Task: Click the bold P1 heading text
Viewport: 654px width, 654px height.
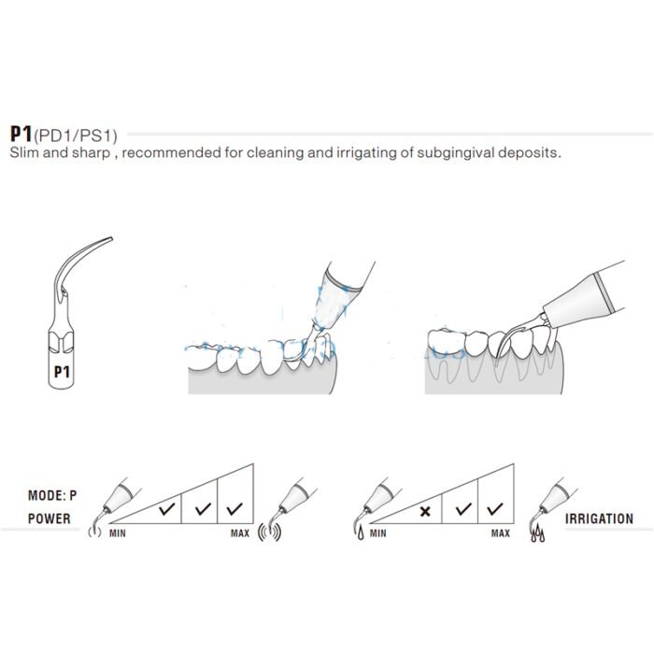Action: (x=21, y=134)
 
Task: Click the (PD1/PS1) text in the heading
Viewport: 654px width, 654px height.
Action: (x=76, y=136)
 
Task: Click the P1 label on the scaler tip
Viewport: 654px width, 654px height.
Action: (x=62, y=372)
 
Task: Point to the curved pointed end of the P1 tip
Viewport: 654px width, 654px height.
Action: (x=111, y=238)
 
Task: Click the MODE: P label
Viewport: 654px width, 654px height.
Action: (x=52, y=495)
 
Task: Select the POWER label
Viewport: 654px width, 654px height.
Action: (x=50, y=519)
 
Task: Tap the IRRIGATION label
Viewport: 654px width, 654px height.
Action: (x=599, y=519)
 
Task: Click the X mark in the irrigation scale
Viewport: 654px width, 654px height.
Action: (x=425, y=511)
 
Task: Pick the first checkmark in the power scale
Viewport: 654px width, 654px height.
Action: (x=167, y=508)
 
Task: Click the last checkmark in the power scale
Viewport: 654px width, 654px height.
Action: (x=235, y=508)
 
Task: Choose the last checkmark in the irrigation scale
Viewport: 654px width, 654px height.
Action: (x=494, y=508)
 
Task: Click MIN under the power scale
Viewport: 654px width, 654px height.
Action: (x=117, y=533)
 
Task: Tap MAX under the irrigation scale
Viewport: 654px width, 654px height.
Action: (x=501, y=533)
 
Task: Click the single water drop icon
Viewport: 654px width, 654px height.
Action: (x=361, y=533)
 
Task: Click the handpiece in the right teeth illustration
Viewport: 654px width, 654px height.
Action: (x=584, y=297)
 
